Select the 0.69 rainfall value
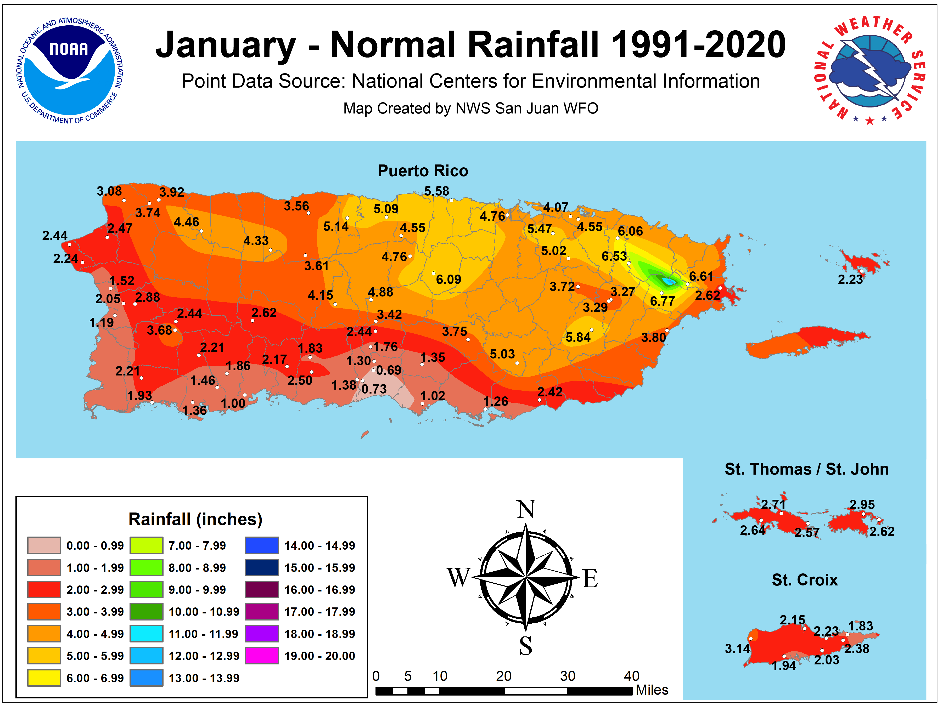[388, 370]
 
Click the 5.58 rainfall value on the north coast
[436, 191]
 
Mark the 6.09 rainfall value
[448, 280]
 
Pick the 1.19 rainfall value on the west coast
[101, 323]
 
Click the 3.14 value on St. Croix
[737, 649]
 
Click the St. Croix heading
[804, 580]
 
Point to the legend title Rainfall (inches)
[195, 519]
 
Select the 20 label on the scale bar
[503, 676]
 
